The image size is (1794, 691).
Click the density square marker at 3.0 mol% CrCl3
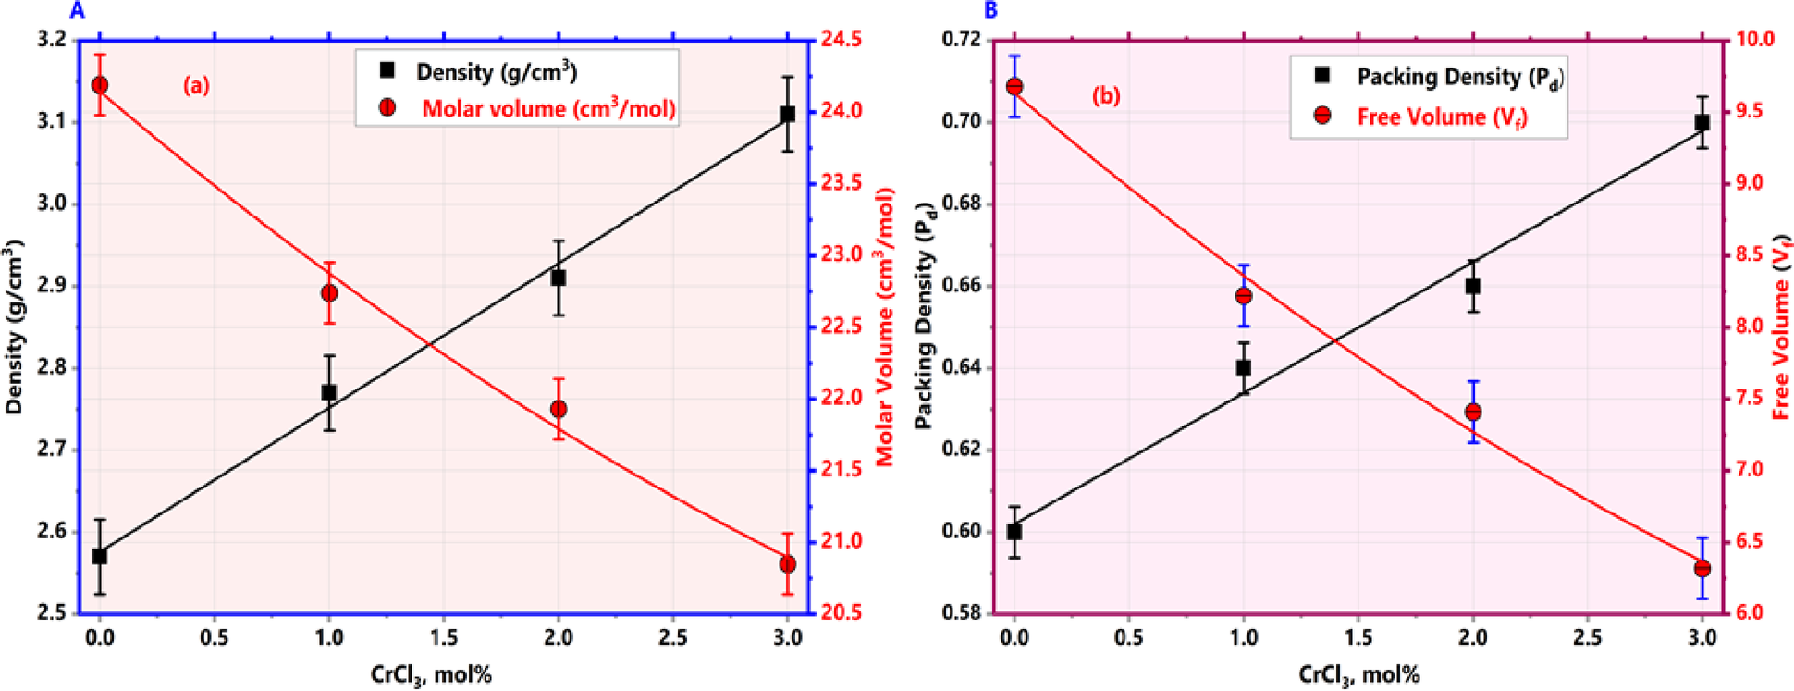788,115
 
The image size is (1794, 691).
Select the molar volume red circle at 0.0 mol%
100,85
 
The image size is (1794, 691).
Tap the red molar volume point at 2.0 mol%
559,409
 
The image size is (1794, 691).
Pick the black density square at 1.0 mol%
328,392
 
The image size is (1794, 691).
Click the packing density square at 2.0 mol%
1472,287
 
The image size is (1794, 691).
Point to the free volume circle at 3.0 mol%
1702,569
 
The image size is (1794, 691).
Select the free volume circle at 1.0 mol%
1244,296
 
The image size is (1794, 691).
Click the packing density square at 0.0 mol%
1014,532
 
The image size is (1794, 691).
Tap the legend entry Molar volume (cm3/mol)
547,109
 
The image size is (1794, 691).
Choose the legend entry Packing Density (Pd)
1459,77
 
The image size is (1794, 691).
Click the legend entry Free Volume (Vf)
1441,117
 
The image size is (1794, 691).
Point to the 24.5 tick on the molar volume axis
842,39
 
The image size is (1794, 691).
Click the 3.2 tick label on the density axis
52,39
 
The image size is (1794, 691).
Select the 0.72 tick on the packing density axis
962,39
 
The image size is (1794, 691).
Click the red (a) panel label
195,86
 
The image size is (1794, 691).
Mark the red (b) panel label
1106,96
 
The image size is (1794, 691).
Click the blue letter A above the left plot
78,10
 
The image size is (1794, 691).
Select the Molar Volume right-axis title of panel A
885,326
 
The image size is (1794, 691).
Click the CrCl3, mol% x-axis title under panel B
1358,674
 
